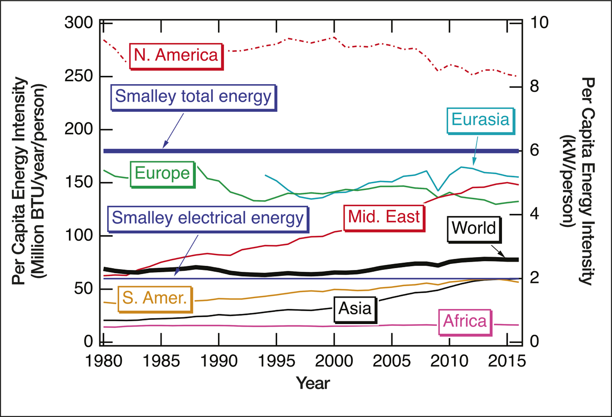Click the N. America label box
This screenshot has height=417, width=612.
tap(176, 55)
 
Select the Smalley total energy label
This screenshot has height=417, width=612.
tap(193, 97)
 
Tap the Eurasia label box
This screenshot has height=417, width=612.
tap(480, 120)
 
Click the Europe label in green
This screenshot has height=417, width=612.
tap(162, 174)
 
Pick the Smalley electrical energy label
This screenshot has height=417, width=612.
tap(208, 218)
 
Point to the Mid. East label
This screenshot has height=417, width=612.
tap(384, 216)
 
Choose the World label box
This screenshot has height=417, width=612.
tap(473, 228)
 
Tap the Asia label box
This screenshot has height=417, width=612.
tap(355, 308)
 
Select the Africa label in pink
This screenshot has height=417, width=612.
tap(465, 321)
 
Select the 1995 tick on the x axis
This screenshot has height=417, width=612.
tap(276, 361)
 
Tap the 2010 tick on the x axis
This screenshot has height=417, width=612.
tap(449, 361)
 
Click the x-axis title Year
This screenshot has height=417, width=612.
tap(313, 383)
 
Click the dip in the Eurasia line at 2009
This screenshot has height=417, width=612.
tap(438, 190)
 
